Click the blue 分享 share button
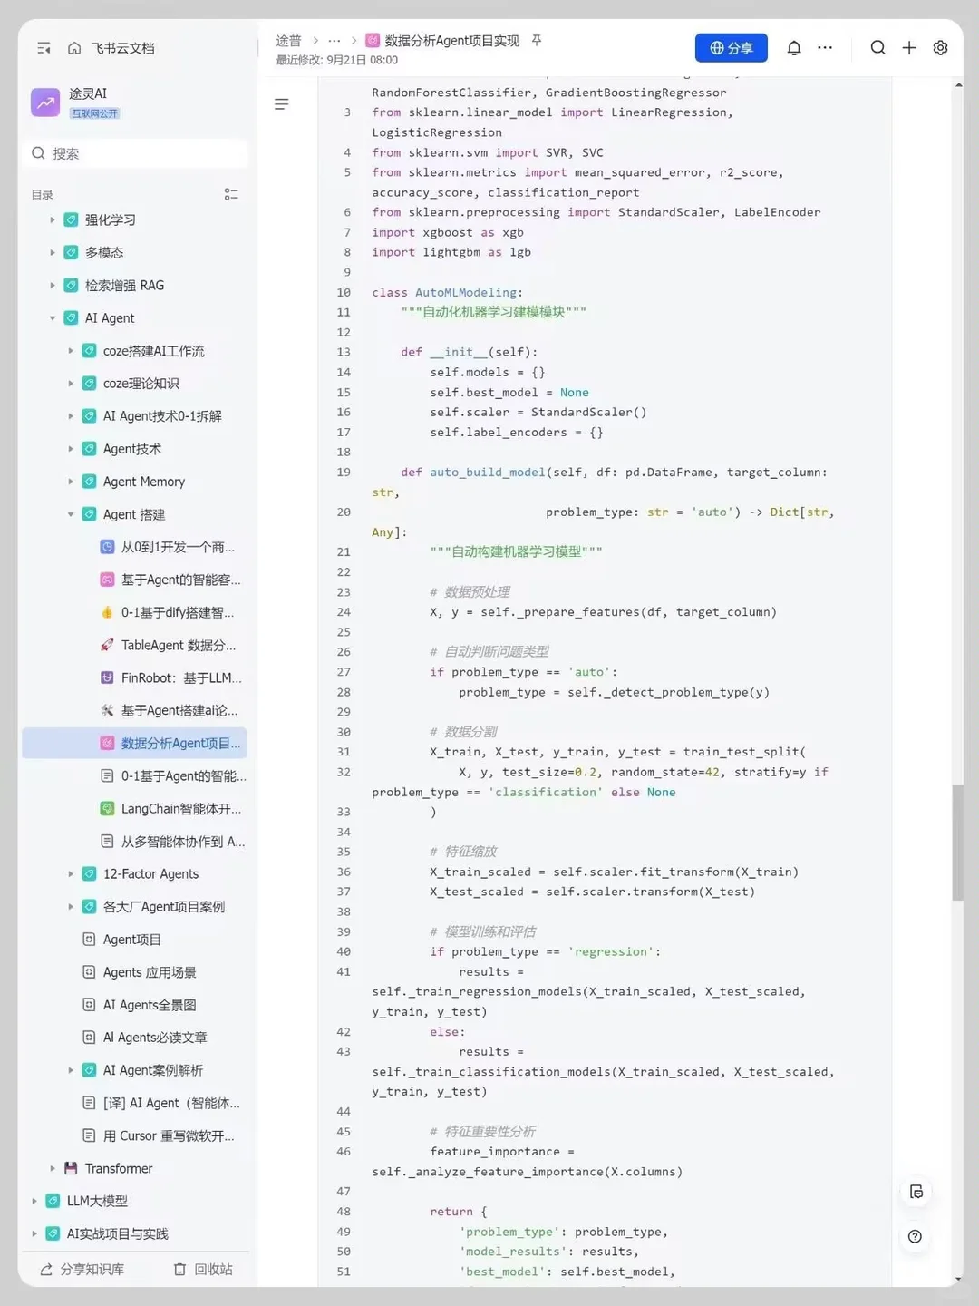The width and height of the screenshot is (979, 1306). (732, 47)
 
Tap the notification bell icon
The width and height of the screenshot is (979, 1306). (794, 47)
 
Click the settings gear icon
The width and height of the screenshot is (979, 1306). (940, 47)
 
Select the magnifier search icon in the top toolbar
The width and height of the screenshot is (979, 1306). (878, 47)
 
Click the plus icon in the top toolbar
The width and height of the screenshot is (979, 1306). (909, 47)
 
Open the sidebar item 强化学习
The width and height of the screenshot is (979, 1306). (110, 220)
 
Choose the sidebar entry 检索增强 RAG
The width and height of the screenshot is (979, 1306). (124, 286)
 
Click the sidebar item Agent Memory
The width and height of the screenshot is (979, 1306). (144, 482)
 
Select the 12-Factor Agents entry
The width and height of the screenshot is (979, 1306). (150, 874)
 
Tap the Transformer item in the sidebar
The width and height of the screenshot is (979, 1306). (118, 1168)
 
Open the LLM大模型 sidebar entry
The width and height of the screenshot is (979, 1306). (97, 1202)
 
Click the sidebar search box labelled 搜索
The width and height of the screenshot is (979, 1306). (136, 153)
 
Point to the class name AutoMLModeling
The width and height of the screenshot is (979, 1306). (466, 292)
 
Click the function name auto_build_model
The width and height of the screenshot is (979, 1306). (488, 473)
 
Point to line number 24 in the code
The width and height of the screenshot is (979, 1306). (344, 611)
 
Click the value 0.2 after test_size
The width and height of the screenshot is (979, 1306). (585, 773)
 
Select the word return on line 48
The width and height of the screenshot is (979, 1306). (451, 1212)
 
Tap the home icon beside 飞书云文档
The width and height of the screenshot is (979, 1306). (74, 47)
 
